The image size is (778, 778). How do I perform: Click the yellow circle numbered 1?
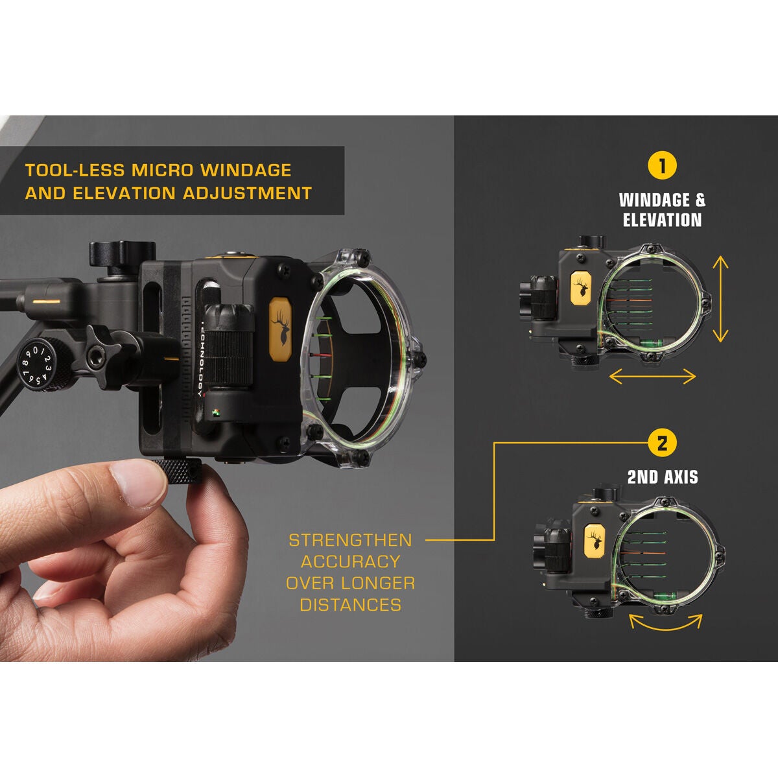click(x=662, y=166)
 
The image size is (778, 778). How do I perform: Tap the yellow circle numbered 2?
click(x=662, y=443)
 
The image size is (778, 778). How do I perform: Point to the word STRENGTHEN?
click(x=350, y=540)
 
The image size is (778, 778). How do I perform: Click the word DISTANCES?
click(x=350, y=605)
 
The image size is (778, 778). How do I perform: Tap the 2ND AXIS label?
click(x=662, y=478)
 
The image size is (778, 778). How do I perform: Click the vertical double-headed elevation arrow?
click(x=720, y=298)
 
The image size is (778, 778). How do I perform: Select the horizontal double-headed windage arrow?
click(x=652, y=376)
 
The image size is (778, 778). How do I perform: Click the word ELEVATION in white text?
click(x=662, y=220)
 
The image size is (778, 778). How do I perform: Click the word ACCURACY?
click(x=350, y=561)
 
